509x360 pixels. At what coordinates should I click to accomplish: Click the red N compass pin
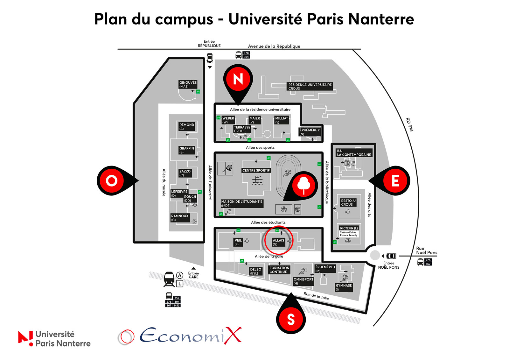click(238, 80)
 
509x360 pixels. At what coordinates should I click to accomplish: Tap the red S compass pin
click(291, 318)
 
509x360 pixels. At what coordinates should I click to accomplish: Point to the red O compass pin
click(112, 180)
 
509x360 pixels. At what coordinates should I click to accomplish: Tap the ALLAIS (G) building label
click(278, 242)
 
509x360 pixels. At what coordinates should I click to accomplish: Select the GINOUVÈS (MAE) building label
click(188, 84)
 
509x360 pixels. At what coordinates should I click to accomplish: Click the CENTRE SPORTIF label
click(256, 170)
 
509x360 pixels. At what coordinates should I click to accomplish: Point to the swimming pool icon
click(257, 180)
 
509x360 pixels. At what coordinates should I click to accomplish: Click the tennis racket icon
click(228, 169)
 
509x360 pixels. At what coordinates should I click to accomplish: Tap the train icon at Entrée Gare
click(169, 279)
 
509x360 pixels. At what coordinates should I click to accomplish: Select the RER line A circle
click(180, 275)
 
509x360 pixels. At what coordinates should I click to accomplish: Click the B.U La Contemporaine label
click(354, 152)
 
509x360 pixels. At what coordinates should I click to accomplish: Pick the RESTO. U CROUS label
click(348, 202)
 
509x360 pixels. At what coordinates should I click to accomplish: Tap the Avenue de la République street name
click(274, 46)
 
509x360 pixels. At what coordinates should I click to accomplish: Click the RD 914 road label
click(409, 124)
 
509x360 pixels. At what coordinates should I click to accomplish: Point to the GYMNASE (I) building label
click(344, 287)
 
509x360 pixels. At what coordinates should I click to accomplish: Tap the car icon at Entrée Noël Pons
click(391, 256)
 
